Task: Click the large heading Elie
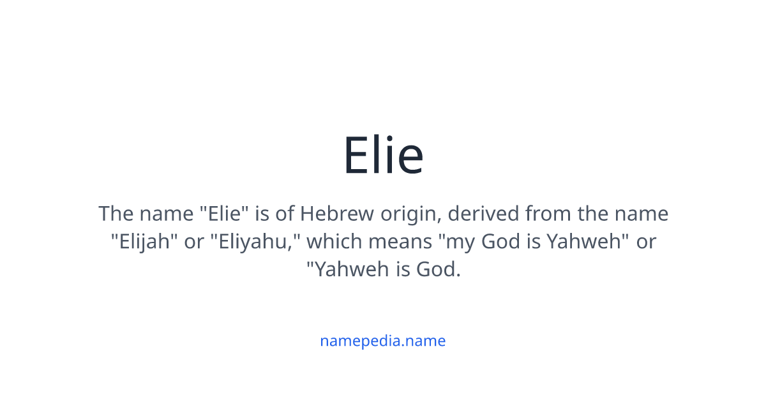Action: [x=383, y=156]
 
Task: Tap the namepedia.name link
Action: [x=383, y=341]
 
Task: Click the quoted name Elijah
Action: [x=144, y=242]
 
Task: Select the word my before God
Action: [x=459, y=242]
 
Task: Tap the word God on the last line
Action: [x=438, y=269]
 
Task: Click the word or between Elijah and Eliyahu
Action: [x=194, y=242]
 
